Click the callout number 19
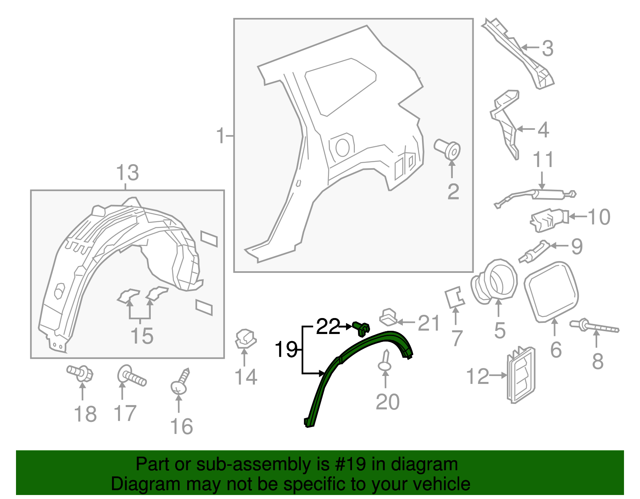coord(286,350)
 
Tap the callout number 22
coord(328,327)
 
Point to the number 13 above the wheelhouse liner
coord(127,173)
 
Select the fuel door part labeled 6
coord(551,292)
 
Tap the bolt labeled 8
coord(594,327)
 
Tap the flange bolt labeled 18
coord(81,373)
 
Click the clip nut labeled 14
coord(245,338)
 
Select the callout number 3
coord(547,48)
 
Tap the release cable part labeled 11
coord(536,196)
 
